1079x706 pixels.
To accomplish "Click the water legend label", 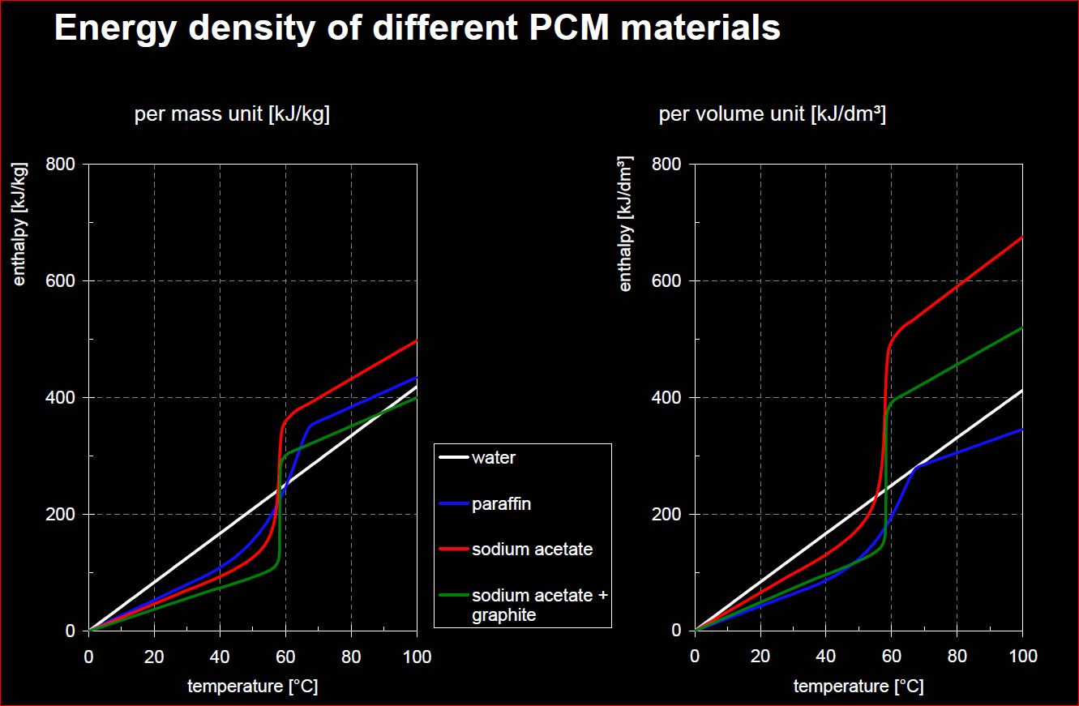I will (493, 458).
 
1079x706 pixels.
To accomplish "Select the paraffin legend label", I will (501, 504).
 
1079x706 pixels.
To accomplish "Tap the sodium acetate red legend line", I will (453, 550).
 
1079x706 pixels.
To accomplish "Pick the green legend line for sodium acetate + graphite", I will (453, 596).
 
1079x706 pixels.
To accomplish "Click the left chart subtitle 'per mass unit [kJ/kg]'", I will (232, 115).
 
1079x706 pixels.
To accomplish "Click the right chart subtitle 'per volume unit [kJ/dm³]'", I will (772, 115).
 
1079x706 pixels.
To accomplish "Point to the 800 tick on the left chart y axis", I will (62, 165).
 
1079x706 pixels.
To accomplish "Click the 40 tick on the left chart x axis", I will (220, 656).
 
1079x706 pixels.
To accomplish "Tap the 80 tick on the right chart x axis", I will (957, 656).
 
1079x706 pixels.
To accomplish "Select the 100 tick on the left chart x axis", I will (417, 656).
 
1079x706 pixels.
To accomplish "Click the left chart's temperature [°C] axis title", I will (252, 687).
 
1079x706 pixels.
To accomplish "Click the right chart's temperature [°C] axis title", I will (858, 687).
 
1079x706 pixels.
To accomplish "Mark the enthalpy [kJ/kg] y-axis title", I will (20, 224).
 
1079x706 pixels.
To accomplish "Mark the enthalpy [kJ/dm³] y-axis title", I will (626, 224).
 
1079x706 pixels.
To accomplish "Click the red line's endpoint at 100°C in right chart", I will (1021, 237).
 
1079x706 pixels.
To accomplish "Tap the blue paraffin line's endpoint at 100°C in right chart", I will (1021, 429).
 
